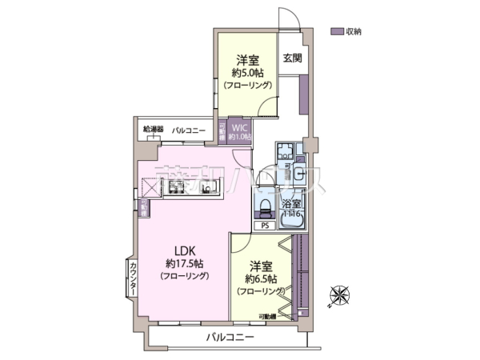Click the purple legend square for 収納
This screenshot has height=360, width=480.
[x=336, y=31]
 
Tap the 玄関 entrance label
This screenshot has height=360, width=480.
[x=292, y=58]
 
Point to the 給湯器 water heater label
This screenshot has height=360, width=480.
[x=153, y=129]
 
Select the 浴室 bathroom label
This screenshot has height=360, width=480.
[x=290, y=205]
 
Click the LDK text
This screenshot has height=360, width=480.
[x=184, y=249]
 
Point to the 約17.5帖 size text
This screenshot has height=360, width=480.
[x=184, y=262]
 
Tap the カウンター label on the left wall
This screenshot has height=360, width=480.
[x=133, y=277]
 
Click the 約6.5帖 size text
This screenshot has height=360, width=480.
[x=262, y=279]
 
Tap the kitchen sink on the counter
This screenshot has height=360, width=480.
[x=210, y=189]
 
